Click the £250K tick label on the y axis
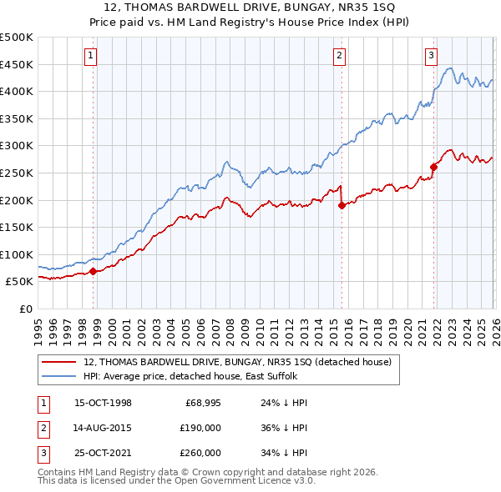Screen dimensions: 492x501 tap(17, 173)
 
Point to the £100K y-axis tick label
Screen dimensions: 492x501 tap(17, 254)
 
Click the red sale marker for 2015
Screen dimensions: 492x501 tap(341, 205)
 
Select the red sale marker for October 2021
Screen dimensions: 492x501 tap(433, 167)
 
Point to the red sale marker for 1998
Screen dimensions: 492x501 tap(93, 271)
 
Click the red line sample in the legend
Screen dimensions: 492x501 tap(58, 362)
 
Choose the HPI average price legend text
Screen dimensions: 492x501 tap(188, 376)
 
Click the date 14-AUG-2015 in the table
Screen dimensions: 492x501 tap(103, 428)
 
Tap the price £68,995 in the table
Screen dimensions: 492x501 tap(202, 403)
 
